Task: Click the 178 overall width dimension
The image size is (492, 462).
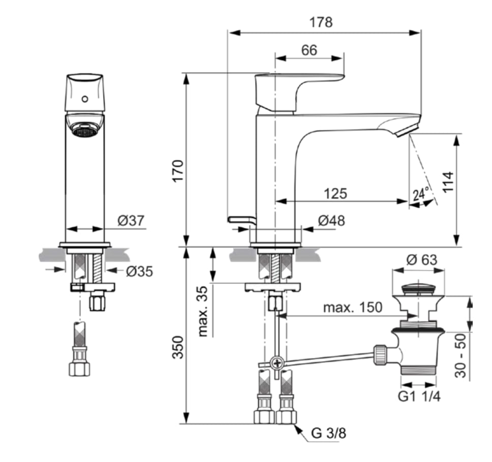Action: click(x=321, y=22)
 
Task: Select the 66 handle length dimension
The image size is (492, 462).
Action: click(x=309, y=50)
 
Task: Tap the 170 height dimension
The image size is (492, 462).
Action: click(x=178, y=171)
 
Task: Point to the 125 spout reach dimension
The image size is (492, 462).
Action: click(x=335, y=194)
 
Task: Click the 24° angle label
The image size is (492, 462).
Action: click(x=421, y=194)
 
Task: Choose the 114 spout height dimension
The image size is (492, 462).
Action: click(x=448, y=182)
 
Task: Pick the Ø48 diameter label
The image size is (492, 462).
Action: click(x=331, y=221)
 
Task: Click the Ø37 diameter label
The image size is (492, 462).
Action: click(x=131, y=221)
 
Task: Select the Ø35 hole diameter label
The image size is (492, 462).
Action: click(x=139, y=272)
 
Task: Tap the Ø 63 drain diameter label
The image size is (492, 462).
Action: click(x=421, y=260)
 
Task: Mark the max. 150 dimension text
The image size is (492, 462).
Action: click(x=353, y=308)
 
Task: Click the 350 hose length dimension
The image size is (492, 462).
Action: click(x=178, y=347)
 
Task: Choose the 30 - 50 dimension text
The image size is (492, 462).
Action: click(x=460, y=355)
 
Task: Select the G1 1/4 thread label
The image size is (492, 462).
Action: click(x=419, y=397)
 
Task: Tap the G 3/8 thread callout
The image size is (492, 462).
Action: click(x=328, y=433)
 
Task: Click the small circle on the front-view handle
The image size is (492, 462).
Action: click(x=85, y=99)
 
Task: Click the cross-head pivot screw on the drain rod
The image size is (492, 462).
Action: click(x=278, y=364)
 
